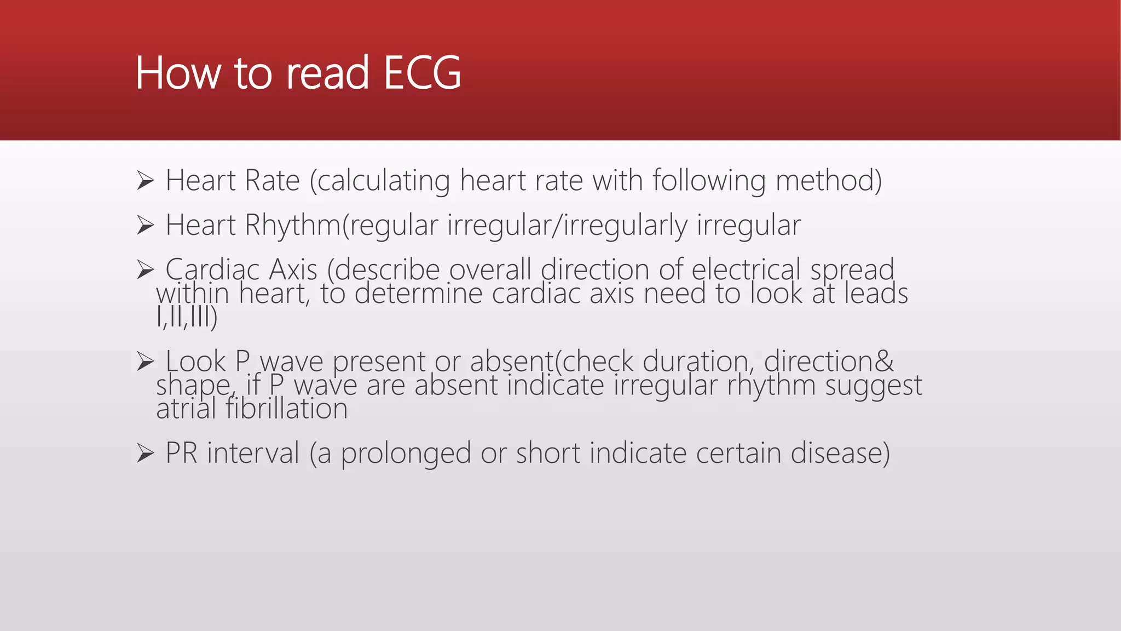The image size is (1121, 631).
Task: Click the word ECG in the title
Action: coord(422,73)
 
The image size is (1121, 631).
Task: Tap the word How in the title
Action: coord(177,73)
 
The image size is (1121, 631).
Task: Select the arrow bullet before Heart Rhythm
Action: coord(145,225)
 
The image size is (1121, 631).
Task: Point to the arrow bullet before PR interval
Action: coord(145,453)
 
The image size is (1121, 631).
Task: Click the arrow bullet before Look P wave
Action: coord(145,362)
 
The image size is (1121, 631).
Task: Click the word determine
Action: coord(419,294)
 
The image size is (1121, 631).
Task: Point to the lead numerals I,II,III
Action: coord(186,317)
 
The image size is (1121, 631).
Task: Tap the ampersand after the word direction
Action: coord(884,362)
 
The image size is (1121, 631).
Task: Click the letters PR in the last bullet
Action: coord(181,454)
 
